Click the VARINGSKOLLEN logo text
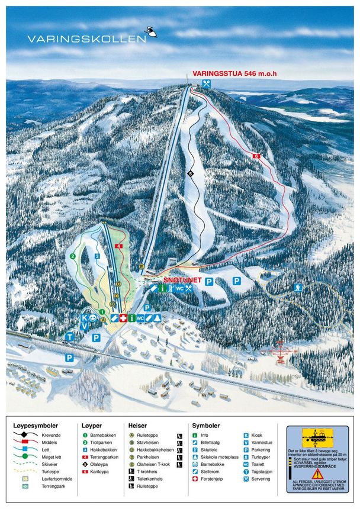(86, 38)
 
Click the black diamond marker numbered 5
(190, 173)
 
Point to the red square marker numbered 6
(256, 156)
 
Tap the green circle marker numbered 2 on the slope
(73, 256)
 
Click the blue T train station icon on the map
(69, 337)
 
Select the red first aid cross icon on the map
(123, 318)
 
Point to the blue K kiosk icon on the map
(85, 317)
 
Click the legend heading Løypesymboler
(36, 426)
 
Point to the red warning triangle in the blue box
(317, 473)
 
